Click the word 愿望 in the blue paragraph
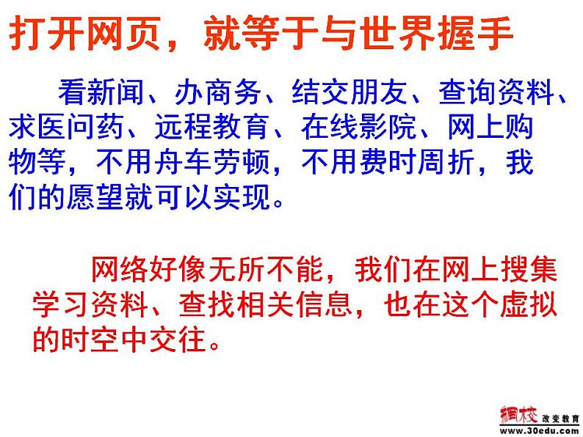120,199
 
